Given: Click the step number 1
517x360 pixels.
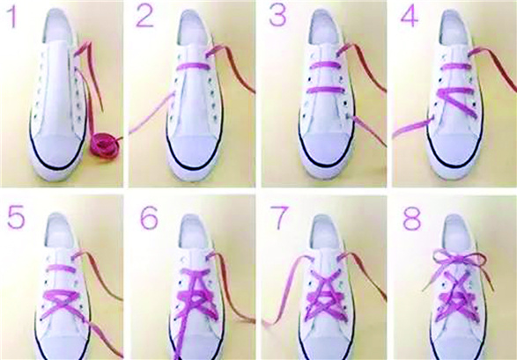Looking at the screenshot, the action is pyautogui.click(x=13, y=17).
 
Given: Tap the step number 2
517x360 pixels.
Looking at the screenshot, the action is pyautogui.click(x=144, y=17).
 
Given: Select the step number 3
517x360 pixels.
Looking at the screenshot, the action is pyautogui.click(x=277, y=16).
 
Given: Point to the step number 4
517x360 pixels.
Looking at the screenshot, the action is pyautogui.click(x=410, y=17).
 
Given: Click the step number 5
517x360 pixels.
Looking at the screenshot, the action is pyautogui.click(x=16, y=217).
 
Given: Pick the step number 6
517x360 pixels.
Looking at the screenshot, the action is pyautogui.click(x=149, y=218).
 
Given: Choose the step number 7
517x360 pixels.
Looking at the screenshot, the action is pyautogui.click(x=279, y=217).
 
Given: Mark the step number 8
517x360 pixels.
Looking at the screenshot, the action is pyautogui.click(x=412, y=218).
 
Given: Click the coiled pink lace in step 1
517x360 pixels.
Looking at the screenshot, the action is pyautogui.click(x=105, y=145).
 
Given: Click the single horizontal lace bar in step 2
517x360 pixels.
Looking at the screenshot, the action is pyautogui.click(x=193, y=66).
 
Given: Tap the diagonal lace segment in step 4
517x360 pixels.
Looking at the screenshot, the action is pyautogui.click(x=458, y=102).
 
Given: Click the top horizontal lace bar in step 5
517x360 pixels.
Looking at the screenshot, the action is pyautogui.click(x=61, y=268).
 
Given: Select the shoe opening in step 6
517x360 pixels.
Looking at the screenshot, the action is pyautogui.click(x=195, y=232).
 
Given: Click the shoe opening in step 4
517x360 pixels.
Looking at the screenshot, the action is pyautogui.click(x=456, y=28).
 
